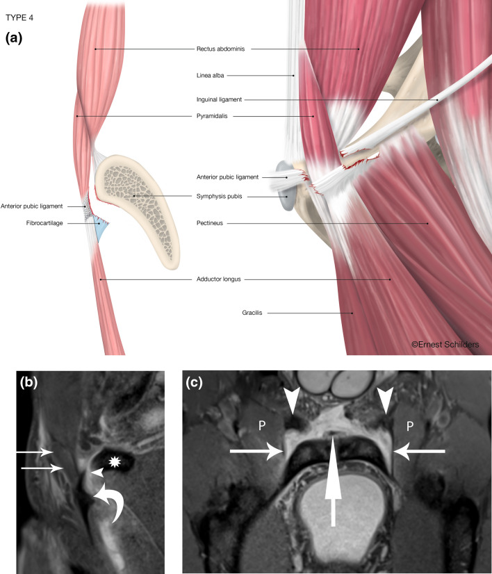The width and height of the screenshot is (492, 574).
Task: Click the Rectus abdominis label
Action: click(x=222, y=49)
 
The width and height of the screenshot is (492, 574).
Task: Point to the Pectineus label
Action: click(x=211, y=223)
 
